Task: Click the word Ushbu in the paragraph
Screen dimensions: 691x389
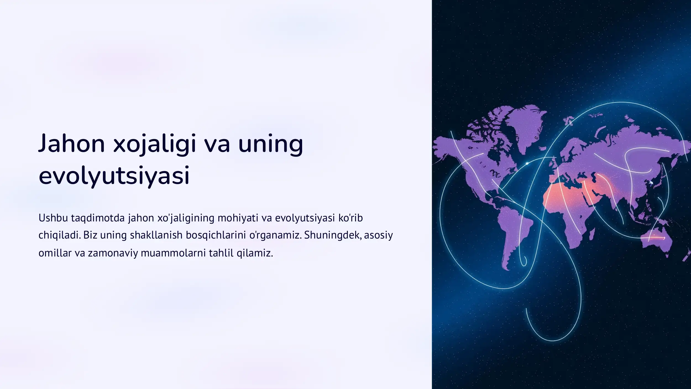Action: (53, 218)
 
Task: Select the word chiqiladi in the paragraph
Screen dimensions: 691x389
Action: (59, 235)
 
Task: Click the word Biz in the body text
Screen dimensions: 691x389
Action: (90, 235)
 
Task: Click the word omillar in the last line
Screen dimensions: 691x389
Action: (55, 253)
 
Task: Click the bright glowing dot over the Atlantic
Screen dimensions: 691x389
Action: (527, 163)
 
